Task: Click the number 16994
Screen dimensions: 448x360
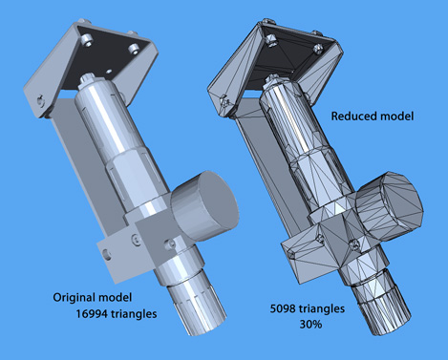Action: tap(92, 314)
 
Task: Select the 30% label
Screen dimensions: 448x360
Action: tap(310, 325)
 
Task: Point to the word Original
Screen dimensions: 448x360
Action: tap(75, 298)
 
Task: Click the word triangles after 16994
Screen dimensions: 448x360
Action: tap(134, 314)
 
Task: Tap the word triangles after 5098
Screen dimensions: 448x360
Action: tap(322, 308)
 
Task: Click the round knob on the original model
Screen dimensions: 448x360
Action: tap(205, 203)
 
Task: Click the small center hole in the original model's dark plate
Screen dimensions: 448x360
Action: tap(110, 71)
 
